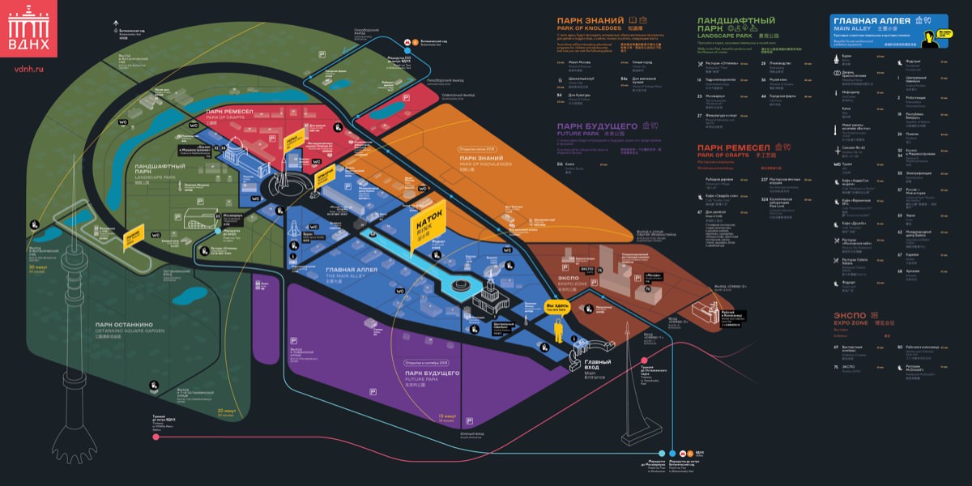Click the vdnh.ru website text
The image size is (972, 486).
point(28,70)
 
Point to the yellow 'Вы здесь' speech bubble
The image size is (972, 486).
point(556,307)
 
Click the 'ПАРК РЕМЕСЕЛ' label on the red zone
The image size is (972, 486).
point(230,111)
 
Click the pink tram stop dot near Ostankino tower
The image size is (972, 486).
point(155,437)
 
